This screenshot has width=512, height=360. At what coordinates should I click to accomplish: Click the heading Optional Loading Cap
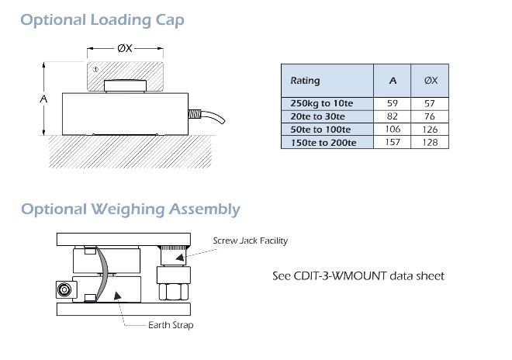click(x=102, y=19)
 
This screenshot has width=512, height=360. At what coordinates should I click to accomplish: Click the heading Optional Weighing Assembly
click(x=130, y=209)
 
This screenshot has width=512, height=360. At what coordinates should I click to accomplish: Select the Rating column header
click(x=305, y=81)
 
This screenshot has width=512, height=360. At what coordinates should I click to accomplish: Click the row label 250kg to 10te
click(x=320, y=102)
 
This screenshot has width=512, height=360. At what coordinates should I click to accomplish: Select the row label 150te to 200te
click(x=323, y=142)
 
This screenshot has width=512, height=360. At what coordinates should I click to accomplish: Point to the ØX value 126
click(x=431, y=129)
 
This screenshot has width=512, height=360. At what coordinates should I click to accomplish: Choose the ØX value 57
click(x=431, y=102)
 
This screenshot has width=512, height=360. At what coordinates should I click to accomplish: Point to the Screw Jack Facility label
click(x=250, y=241)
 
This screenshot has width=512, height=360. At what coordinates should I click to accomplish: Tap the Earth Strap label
click(x=171, y=325)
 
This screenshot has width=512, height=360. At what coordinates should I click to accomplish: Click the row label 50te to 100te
click(x=320, y=129)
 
